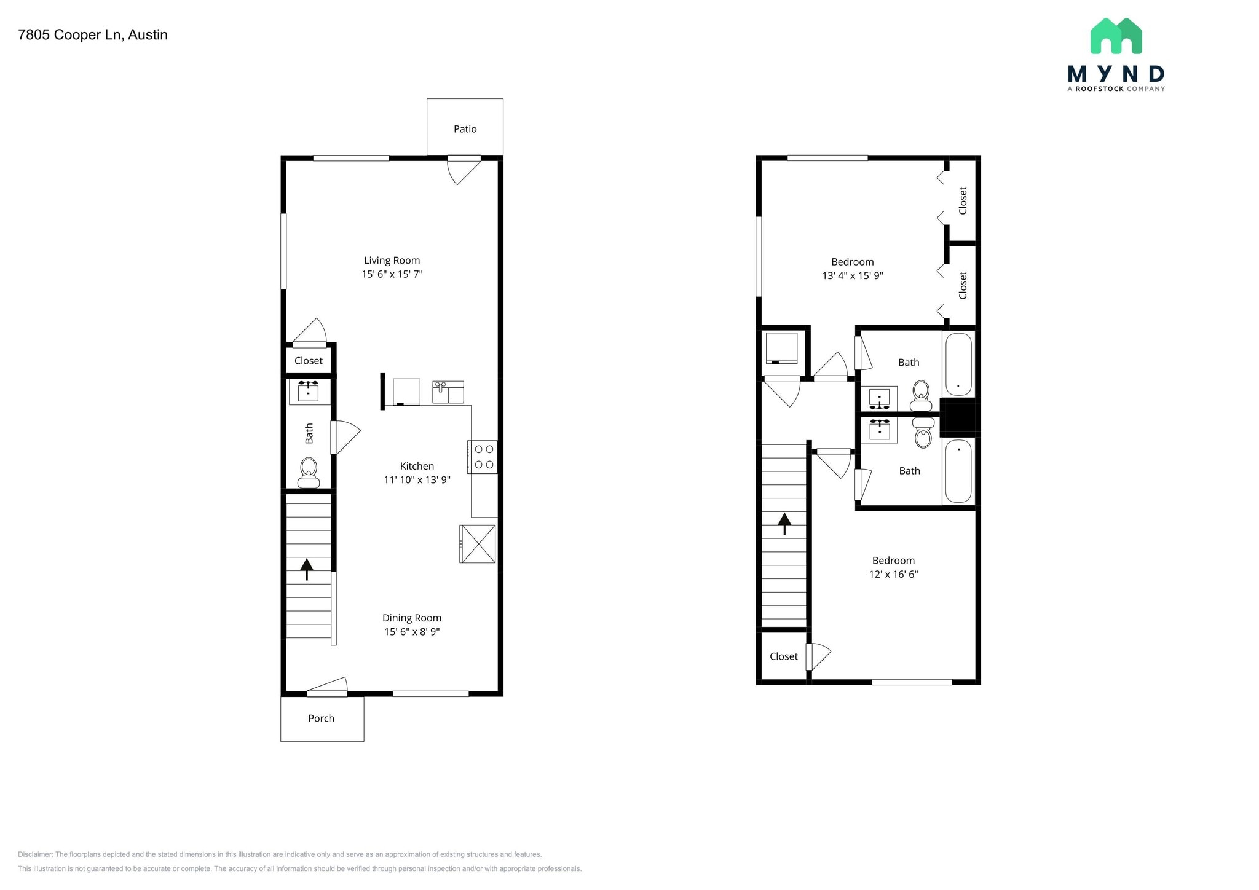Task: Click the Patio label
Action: (465, 129)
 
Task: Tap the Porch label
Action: (321, 719)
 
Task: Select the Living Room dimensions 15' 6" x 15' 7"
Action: (392, 274)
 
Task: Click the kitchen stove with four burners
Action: (483, 457)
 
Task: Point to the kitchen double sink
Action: (448, 392)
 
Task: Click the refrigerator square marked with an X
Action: (478, 544)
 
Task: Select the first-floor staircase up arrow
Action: (306, 569)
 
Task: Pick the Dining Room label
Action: (411, 618)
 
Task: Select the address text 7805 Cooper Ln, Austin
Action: (93, 35)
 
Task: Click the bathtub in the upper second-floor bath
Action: (958, 364)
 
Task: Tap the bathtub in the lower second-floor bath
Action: (958, 471)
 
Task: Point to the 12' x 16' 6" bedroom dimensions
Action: (893, 575)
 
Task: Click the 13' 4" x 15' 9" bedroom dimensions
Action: (852, 276)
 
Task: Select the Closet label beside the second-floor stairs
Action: (784, 656)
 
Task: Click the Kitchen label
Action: (417, 466)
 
